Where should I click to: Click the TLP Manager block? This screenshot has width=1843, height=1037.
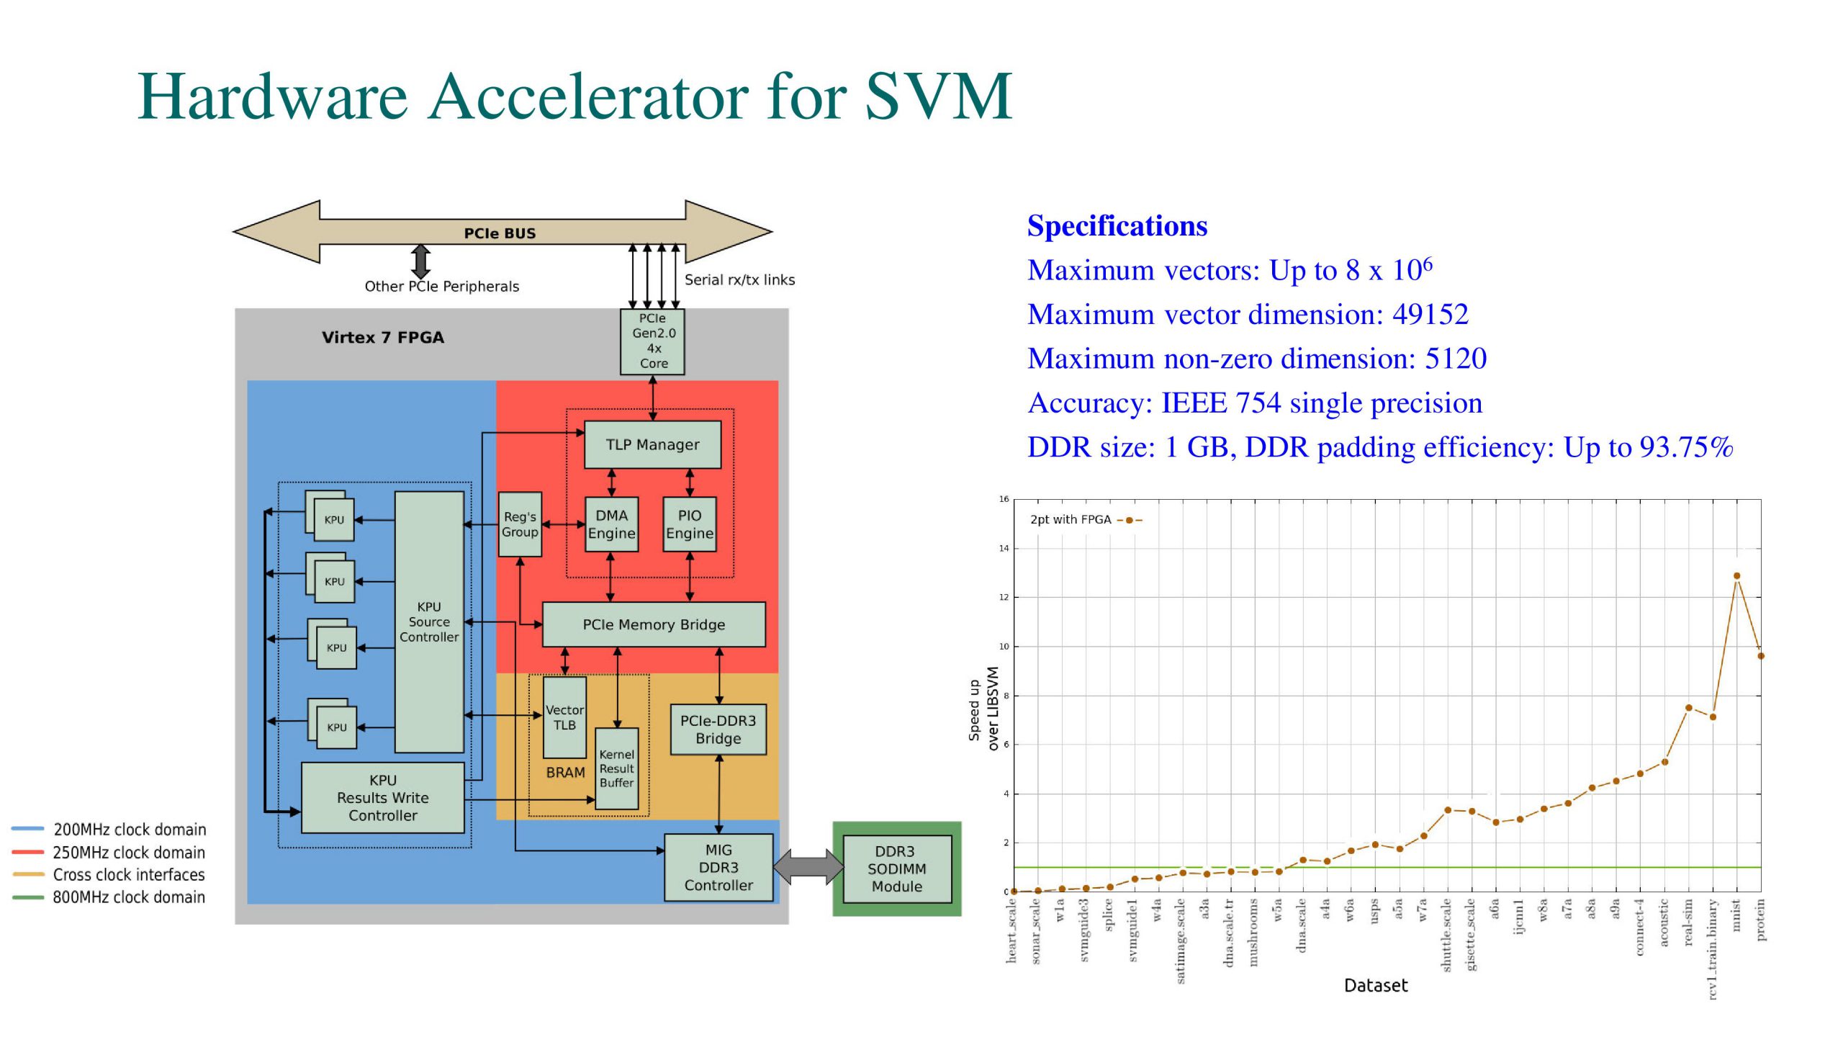652,444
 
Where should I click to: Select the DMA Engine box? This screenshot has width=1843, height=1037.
611,524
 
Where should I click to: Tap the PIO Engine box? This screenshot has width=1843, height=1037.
689,524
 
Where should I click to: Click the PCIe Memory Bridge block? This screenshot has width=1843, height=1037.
653,624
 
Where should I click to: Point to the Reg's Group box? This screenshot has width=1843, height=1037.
520,524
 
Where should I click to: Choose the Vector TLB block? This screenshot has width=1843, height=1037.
564,717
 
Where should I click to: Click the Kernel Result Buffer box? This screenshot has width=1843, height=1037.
616,768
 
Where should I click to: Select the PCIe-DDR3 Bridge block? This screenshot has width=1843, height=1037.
718,730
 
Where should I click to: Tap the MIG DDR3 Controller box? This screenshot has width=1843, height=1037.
718,868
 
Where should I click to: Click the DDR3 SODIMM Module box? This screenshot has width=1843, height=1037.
897,869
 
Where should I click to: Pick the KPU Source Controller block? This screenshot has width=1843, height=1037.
429,622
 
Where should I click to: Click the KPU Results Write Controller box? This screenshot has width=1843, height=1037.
382,798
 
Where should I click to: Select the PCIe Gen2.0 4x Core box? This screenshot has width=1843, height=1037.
653,341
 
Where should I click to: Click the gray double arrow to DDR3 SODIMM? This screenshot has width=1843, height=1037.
808,867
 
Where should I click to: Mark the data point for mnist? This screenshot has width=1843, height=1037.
1736,576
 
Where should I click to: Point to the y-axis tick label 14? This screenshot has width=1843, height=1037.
1004,549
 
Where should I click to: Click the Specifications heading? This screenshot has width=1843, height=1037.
1117,226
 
